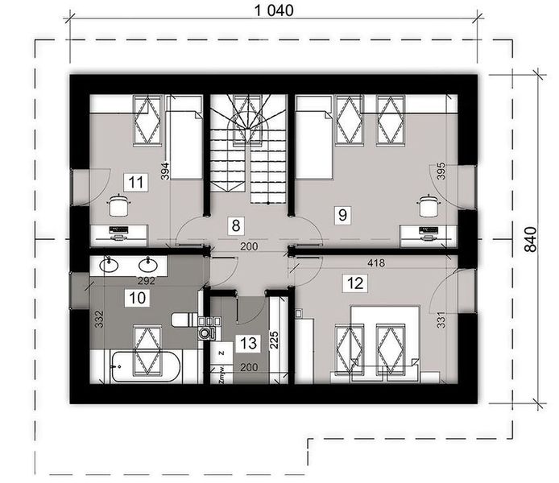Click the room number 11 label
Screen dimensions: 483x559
136,181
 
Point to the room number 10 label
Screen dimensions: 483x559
137,297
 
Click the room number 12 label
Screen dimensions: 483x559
352,282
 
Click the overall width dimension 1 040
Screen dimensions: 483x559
273,10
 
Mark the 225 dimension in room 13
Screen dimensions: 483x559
274,339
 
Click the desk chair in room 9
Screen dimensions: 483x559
426,205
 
